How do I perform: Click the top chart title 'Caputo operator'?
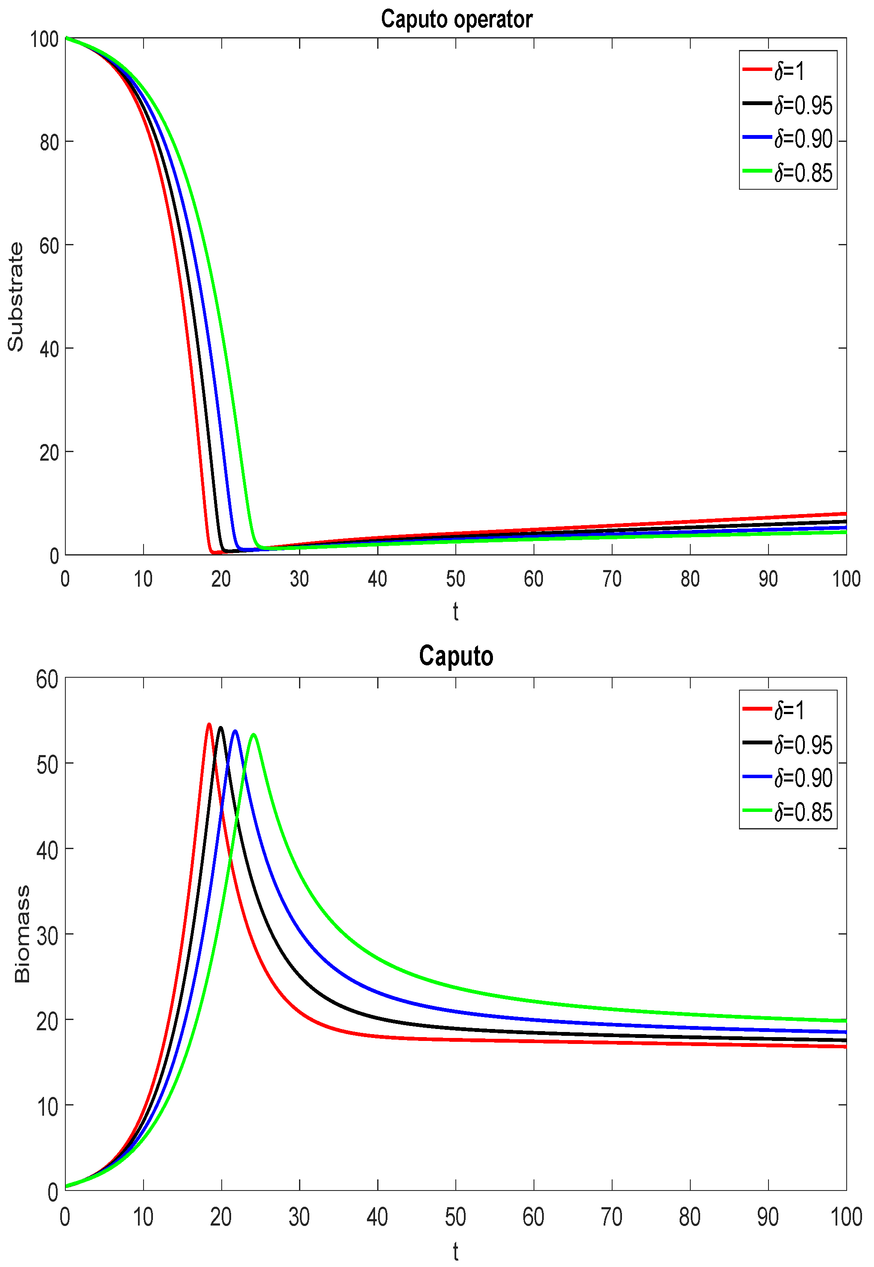click(456, 19)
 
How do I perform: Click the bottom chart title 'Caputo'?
click(456, 656)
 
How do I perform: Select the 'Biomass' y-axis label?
click(22, 935)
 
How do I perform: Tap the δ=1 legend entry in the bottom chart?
click(789, 710)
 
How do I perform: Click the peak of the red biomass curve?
click(209, 724)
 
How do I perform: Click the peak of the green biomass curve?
click(254, 734)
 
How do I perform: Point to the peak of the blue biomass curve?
click(235, 731)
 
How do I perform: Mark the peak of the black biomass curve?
click(221, 727)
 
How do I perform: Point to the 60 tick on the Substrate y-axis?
click(49, 245)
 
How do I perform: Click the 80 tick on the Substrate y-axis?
click(49, 142)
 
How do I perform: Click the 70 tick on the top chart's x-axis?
click(612, 579)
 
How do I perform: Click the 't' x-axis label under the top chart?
click(456, 611)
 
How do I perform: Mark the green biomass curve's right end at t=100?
click(845, 1020)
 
